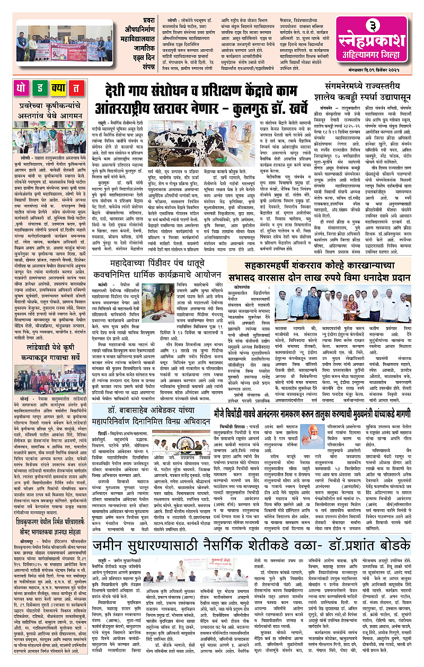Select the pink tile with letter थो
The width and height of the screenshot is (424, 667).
[23, 89]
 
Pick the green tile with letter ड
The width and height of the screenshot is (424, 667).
[40, 89]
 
